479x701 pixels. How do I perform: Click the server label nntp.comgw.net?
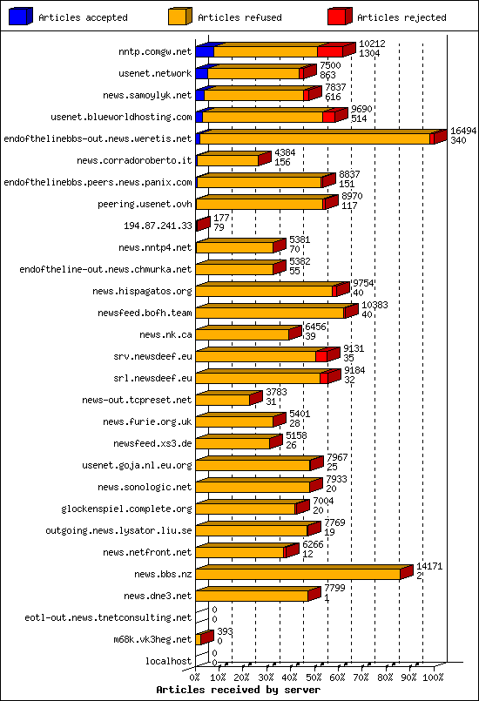(x=155, y=51)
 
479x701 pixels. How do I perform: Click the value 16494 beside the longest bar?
(x=462, y=131)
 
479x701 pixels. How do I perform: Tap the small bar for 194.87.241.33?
(x=202, y=225)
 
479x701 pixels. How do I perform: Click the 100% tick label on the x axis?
(x=433, y=677)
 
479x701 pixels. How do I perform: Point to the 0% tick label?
(x=195, y=677)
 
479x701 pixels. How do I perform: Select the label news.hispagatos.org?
(x=146, y=291)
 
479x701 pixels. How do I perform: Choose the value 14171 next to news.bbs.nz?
(x=429, y=566)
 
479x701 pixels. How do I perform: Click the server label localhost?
(x=169, y=661)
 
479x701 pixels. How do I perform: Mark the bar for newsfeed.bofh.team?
(x=270, y=313)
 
